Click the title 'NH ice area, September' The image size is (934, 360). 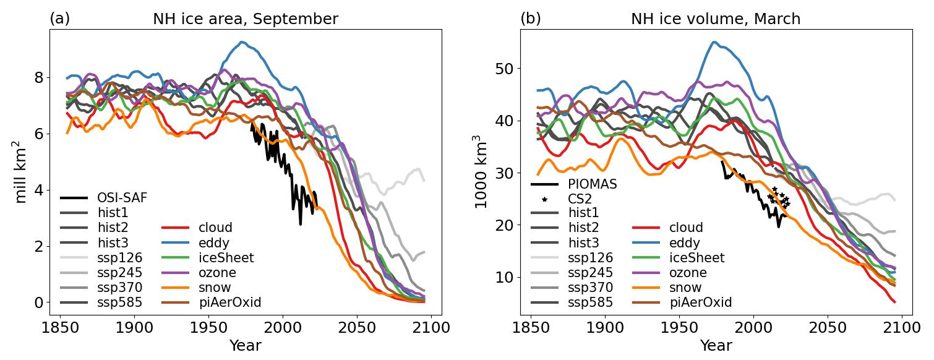click(x=245, y=19)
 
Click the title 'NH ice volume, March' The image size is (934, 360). click(x=715, y=19)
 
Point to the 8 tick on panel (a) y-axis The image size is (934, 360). click(x=38, y=78)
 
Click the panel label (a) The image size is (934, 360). click(x=59, y=19)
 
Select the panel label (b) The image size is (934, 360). click(x=530, y=19)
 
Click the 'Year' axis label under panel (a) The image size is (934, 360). click(x=245, y=346)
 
